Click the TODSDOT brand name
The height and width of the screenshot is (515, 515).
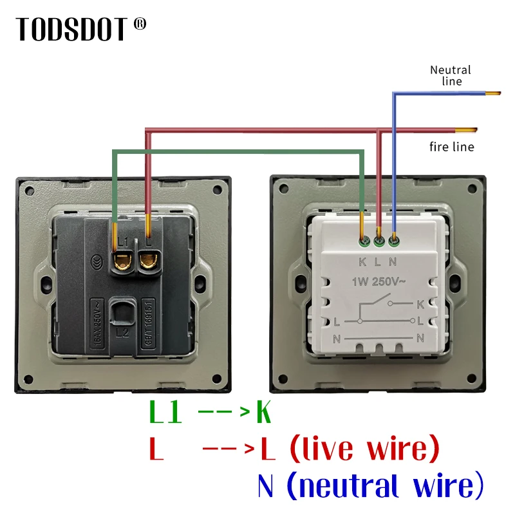(x=72, y=29)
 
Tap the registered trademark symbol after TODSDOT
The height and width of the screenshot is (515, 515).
(x=140, y=24)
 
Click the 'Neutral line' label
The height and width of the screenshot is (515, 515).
(x=451, y=75)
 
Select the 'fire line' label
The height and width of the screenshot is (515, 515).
(x=452, y=147)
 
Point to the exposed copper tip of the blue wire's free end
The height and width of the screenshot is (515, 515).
(x=492, y=95)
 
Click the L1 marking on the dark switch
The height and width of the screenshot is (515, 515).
(x=123, y=239)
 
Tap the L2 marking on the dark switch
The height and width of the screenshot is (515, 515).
(x=123, y=333)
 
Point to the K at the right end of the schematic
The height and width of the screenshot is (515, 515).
(x=420, y=303)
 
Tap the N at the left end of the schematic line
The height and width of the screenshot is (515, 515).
(x=336, y=337)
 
